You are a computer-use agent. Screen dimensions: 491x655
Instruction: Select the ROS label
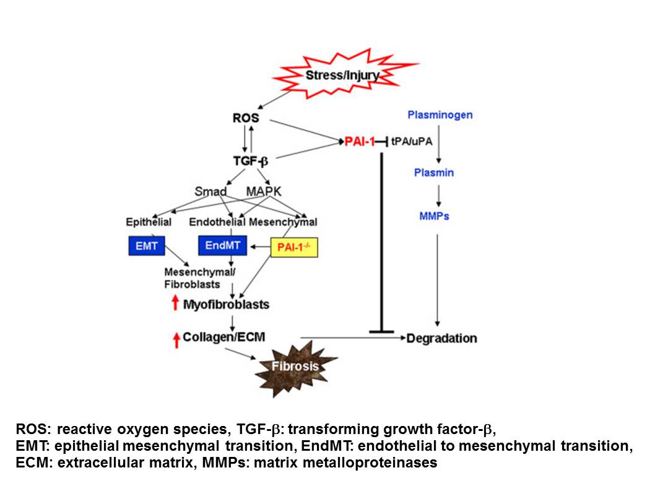click(246, 118)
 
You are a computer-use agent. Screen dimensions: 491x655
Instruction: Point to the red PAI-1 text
click(360, 142)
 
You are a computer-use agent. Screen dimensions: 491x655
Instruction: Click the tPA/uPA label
click(412, 142)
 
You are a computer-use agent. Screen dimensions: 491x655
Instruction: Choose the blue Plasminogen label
click(440, 115)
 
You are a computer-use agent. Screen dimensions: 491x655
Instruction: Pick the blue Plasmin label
click(433, 173)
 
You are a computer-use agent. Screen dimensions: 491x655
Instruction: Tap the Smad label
click(215, 192)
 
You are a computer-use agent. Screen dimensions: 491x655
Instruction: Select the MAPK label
click(264, 192)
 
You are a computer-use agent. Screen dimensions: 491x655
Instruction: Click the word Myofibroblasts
click(226, 305)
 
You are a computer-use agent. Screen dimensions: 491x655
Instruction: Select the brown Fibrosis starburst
click(296, 366)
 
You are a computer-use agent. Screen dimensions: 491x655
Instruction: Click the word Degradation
click(441, 338)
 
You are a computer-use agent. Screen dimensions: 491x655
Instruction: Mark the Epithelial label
click(149, 222)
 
